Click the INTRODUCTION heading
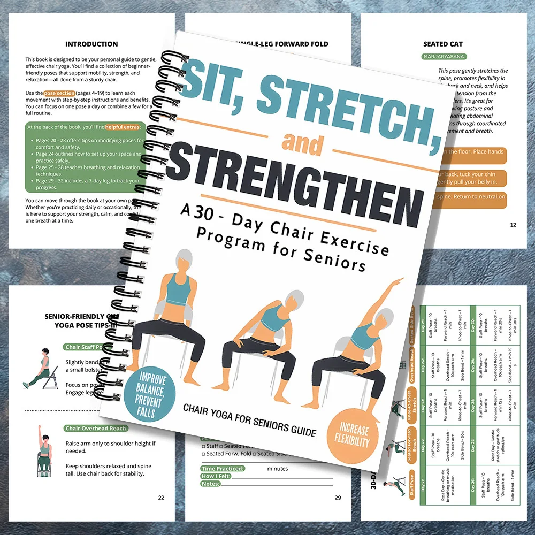pyautogui.click(x=91, y=44)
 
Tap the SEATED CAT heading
pyautogui.click(x=443, y=44)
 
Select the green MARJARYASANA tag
pyautogui.click(x=444, y=56)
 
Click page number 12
pyautogui.click(x=513, y=225)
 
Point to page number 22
pyautogui.click(x=161, y=498)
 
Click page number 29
pyautogui.click(x=338, y=498)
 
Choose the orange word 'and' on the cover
pyautogui.click(x=303, y=143)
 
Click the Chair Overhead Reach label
pyautogui.click(x=95, y=428)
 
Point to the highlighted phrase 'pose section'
pyautogui.click(x=59, y=93)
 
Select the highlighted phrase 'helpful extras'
pyautogui.click(x=123, y=127)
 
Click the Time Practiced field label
pyautogui.click(x=223, y=469)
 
